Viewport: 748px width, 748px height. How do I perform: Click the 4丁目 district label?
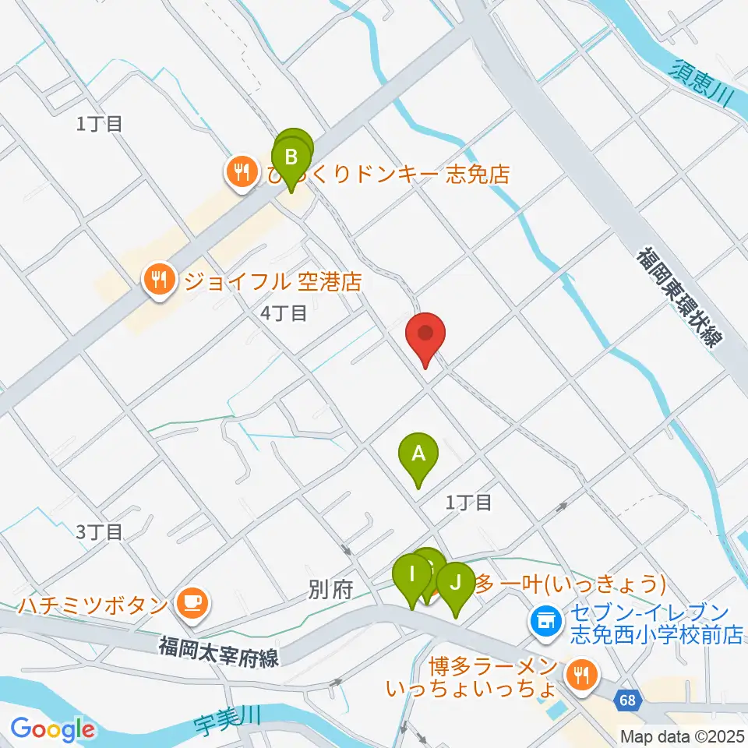tap(284, 313)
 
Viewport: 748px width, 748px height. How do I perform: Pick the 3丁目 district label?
tap(100, 532)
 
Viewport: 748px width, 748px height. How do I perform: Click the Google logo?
tap(52, 729)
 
